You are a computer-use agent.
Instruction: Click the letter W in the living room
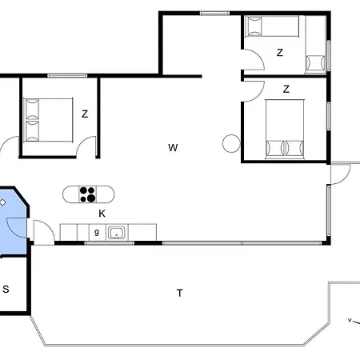click(173, 147)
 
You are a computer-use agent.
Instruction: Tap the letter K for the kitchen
click(102, 214)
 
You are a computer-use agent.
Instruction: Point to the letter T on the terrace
click(180, 293)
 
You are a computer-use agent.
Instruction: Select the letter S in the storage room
click(6, 289)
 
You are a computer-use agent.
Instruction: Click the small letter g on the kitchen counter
click(97, 232)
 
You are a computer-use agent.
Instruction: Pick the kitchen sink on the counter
click(117, 233)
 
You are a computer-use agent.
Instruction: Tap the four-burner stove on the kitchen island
click(88, 194)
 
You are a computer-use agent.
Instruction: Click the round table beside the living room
click(231, 143)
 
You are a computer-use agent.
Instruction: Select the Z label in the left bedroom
click(85, 114)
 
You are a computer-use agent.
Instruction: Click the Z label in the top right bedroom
click(279, 53)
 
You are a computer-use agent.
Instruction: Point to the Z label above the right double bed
click(286, 89)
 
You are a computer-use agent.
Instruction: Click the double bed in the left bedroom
click(48, 120)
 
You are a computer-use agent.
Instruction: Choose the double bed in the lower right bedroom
click(285, 130)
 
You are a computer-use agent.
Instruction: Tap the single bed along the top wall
click(271, 26)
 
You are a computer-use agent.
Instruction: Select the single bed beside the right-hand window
click(315, 45)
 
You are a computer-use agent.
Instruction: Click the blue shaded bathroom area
click(13, 222)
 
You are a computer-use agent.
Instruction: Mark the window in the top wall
click(214, 13)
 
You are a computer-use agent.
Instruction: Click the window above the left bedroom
click(67, 76)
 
